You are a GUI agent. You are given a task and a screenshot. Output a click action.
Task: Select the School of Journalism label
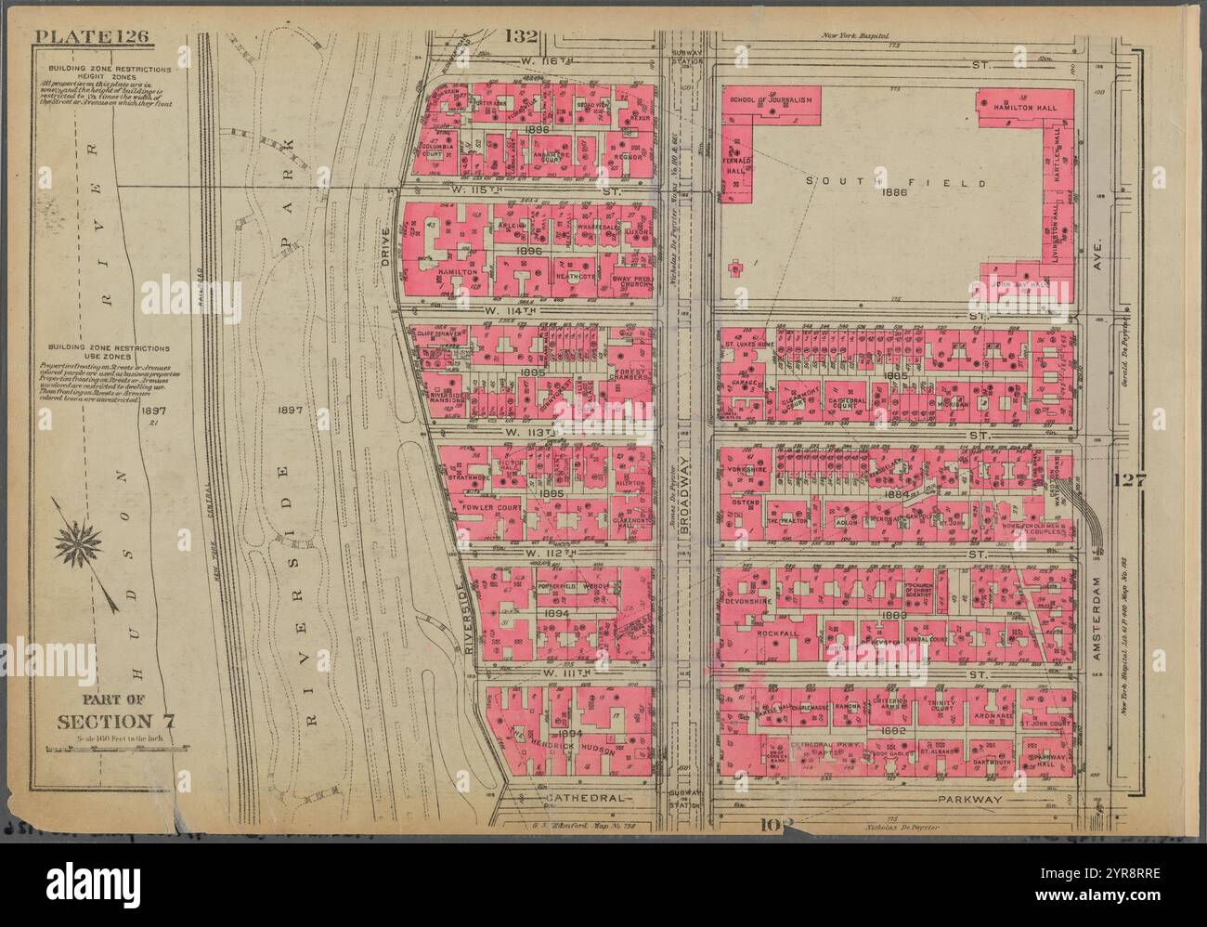coord(772,99)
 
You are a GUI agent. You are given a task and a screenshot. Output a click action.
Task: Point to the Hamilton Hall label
coord(1020,109)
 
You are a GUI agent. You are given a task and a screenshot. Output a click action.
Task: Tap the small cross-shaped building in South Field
coord(735,268)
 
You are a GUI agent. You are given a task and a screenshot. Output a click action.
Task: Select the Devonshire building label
coord(751,601)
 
